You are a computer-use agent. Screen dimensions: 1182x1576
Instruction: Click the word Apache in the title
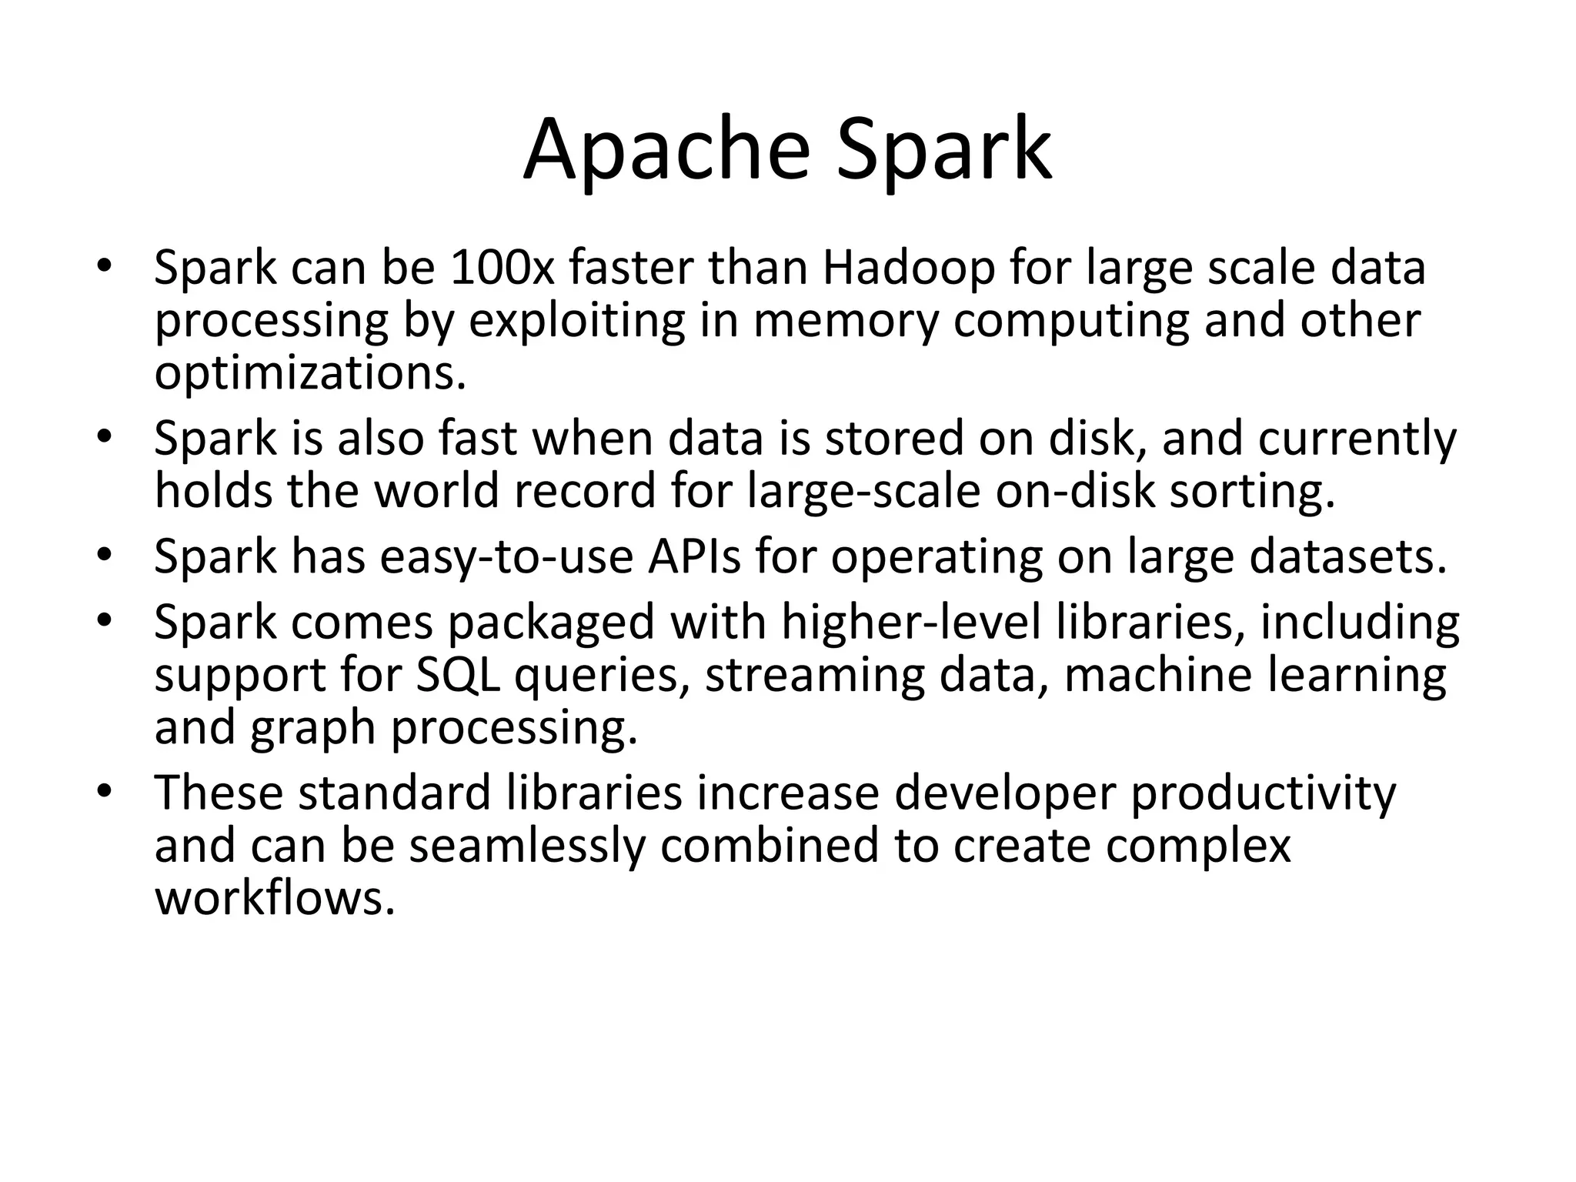[666, 150]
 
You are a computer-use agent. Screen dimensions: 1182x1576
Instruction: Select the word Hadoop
[909, 269]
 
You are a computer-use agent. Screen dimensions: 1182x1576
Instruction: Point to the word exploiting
[576, 321]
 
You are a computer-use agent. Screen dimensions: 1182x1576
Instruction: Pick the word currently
[1357, 439]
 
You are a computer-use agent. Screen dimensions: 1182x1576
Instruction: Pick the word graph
[312, 727]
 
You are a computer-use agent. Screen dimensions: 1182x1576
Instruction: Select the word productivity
[1262, 793]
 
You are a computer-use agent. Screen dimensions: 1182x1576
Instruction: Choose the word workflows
[275, 897]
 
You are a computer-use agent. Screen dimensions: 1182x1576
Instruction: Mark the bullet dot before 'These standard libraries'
[105, 792]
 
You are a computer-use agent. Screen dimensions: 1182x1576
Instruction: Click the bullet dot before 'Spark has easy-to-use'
[105, 556]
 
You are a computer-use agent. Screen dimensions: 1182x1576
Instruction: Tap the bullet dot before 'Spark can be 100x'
[105, 268]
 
